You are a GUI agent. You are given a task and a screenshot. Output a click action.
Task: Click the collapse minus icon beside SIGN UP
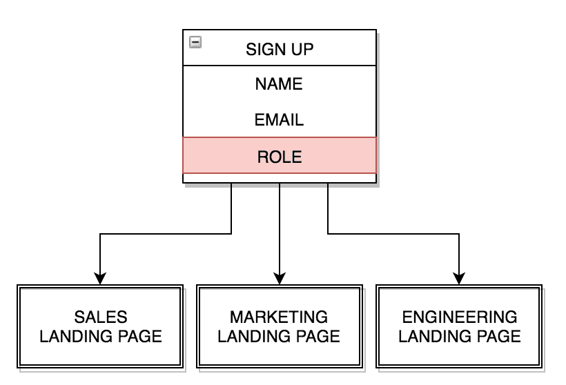pos(195,43)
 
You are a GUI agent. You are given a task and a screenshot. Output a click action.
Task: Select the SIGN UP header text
pos(279,49)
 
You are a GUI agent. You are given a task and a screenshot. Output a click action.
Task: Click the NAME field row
pos(279,84)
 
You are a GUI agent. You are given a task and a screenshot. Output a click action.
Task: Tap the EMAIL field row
pos(279,120)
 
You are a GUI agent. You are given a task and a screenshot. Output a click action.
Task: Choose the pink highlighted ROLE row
pos(279,156)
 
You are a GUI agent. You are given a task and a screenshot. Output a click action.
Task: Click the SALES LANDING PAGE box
pos(101,327)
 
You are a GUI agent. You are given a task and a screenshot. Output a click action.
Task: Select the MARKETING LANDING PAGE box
pos(280,327)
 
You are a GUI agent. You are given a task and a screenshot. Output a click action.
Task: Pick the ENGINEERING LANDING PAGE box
pos(459,327)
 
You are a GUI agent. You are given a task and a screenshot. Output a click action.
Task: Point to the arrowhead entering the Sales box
pos(101,278)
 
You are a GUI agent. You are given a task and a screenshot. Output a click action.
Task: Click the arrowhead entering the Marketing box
pos(280,278)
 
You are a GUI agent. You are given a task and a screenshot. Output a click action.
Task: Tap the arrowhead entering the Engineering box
pos(459,278)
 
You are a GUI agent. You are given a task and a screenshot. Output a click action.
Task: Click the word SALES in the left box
pos(101,317)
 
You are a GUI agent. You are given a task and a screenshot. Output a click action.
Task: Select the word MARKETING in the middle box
pos(280,317)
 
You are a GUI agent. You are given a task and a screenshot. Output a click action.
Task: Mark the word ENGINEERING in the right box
pos(459,317)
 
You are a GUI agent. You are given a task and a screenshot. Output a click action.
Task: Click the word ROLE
pos(279,157)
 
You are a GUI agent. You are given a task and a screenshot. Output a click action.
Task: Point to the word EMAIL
pos(279,120)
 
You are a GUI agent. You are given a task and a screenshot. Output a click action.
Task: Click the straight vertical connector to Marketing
pos(280,228)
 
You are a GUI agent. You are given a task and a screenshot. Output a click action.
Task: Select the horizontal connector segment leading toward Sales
pos(166,235)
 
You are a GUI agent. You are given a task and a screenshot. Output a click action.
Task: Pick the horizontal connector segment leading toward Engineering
pos(393,235)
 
